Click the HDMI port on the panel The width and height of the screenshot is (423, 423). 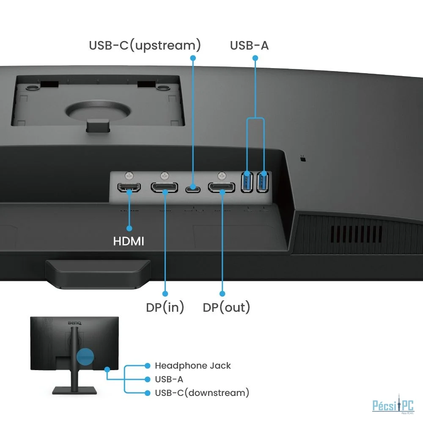click(129, 187)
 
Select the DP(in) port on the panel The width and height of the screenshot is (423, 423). click(164, 187)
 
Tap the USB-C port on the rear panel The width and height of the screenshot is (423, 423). click(192, 188)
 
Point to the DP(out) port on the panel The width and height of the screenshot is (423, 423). click(222, 187)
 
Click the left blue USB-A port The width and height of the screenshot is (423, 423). click(247, 182)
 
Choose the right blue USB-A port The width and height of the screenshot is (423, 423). click(263, 182)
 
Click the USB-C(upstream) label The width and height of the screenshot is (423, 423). click(145, 45)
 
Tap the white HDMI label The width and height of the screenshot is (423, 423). click(129, 241)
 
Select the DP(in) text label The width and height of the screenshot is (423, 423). click(165, 307)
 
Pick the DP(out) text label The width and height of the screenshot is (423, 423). click(226, 307)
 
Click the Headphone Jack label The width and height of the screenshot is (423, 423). click(193, 365)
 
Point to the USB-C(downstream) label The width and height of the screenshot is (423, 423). click(202, 393)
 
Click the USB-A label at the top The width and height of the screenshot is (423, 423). click(249, 45)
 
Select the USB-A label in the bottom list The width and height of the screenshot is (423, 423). click(169, 379)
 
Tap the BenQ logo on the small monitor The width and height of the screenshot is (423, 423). click(74, 323)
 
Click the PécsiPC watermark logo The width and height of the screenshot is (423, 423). click(393, 405)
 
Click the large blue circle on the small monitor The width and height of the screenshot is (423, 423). click(85, 356)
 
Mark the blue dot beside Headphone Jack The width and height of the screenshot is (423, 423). click(147, 365)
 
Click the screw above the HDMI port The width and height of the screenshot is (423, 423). click(129, 176)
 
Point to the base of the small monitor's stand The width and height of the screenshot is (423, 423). click(74, 390)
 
